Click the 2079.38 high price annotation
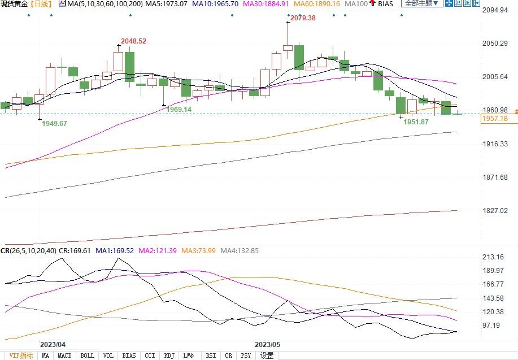tap(302, 18)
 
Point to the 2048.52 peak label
tap(133, 41)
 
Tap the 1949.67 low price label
tap(55, 123)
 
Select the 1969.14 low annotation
tap(179, 109)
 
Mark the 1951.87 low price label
tap(416, 122)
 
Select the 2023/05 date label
tap(267, 344)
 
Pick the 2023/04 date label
tap(53, 344)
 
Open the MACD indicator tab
tap(64, 355)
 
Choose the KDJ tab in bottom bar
tap(169, 355)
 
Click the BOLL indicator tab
tap(87, 355)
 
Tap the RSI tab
tap(211, 355)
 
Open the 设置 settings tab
tap(267, 355)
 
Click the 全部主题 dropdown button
tap(421, 3)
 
